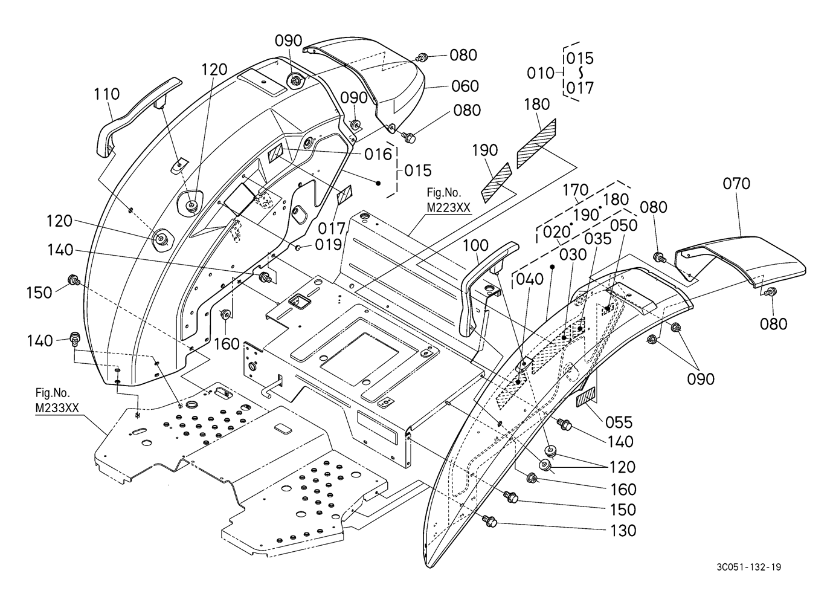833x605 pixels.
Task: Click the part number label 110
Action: (107, 94)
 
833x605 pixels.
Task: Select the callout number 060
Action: (465, 86)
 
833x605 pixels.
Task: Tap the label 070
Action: (736, 184)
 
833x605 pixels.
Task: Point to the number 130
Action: (623, 531)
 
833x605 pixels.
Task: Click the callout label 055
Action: (619, 422)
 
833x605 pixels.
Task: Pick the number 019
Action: (328, 244)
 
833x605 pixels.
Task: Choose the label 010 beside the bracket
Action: (541, 73)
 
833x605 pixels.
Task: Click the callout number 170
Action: (576, 190)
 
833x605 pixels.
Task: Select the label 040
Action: (530, 279)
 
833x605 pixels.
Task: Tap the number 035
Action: (597, 239)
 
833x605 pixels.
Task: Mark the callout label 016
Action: (378, 154)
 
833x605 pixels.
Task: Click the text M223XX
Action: (448, 208)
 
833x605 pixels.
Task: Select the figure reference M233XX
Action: (57, 408)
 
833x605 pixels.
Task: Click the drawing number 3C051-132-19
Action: (749, 567)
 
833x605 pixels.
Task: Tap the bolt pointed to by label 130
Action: (490, 521)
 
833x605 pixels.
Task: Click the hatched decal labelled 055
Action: (586, 397)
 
